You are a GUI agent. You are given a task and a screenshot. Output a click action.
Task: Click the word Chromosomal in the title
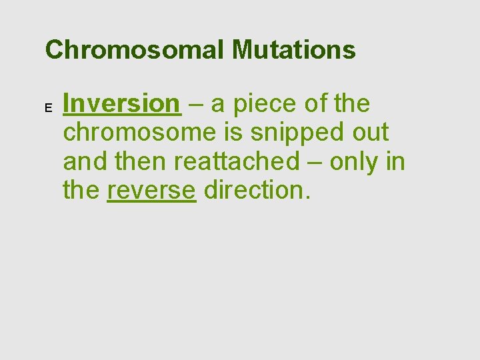[136, 49]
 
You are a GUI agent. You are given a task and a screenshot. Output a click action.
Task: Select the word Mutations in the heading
[295, 49]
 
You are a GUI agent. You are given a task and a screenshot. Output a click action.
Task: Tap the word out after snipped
[371, 133]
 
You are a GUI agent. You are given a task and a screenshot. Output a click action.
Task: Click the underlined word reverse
[151, 190]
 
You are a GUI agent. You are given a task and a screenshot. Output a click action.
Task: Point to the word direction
[257, 190]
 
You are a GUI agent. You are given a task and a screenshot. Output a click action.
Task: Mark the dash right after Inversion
[197, 105]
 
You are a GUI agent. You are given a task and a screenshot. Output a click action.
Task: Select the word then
[144, 161]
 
